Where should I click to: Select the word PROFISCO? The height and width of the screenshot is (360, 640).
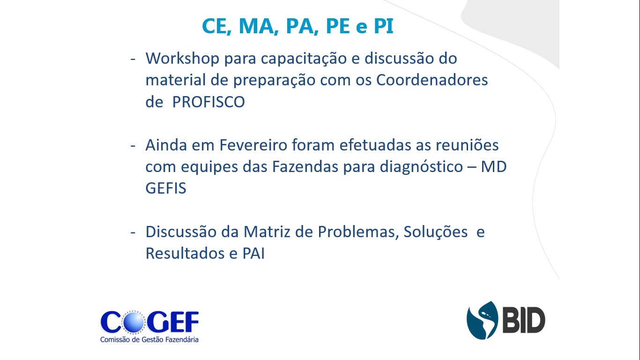(x=208, y=102)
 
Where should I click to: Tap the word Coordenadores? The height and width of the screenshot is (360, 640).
(x=432, y=80)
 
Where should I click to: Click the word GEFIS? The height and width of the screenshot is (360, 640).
(x=166, y=188)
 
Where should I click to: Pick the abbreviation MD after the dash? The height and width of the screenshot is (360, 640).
(x=494, y=167)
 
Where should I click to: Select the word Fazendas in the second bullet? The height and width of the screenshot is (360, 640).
(x=305, y=167)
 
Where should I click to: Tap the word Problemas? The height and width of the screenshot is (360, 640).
(x=358, y=232)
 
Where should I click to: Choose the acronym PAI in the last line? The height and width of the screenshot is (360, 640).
(x=253, y=253)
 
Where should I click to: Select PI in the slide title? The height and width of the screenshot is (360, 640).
(x=383, y=26)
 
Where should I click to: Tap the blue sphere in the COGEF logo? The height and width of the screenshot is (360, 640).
(x=134, y=322)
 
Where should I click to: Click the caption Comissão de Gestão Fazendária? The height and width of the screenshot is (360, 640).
(x=149, y=340)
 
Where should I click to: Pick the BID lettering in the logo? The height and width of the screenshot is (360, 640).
(x=524, y=320)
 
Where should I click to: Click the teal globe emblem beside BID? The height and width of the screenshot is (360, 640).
(x=482, y=320)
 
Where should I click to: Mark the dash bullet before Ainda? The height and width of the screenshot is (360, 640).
(x=133, y=146)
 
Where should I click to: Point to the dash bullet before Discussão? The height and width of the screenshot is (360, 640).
(x=133, y=232)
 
